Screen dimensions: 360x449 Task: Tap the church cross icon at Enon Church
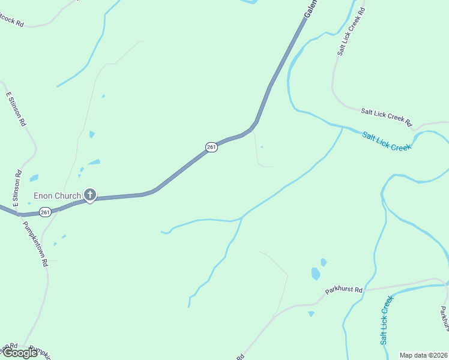pos(90,194)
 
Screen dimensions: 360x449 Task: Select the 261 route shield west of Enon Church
pos(46,212)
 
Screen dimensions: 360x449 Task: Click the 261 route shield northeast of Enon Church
pos(211,147)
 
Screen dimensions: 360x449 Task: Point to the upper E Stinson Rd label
pos(16,108)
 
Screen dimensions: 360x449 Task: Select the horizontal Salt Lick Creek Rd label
pos(386,118)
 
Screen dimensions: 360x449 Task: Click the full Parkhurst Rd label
pos(344,290)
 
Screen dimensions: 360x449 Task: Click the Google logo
pos(20,353)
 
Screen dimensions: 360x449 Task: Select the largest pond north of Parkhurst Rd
pos(316,274)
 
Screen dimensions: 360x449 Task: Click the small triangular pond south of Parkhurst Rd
pos(311,314)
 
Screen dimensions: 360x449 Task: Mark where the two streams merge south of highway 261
pos(241,218)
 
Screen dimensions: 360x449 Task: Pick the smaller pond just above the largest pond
pos(324,262)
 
